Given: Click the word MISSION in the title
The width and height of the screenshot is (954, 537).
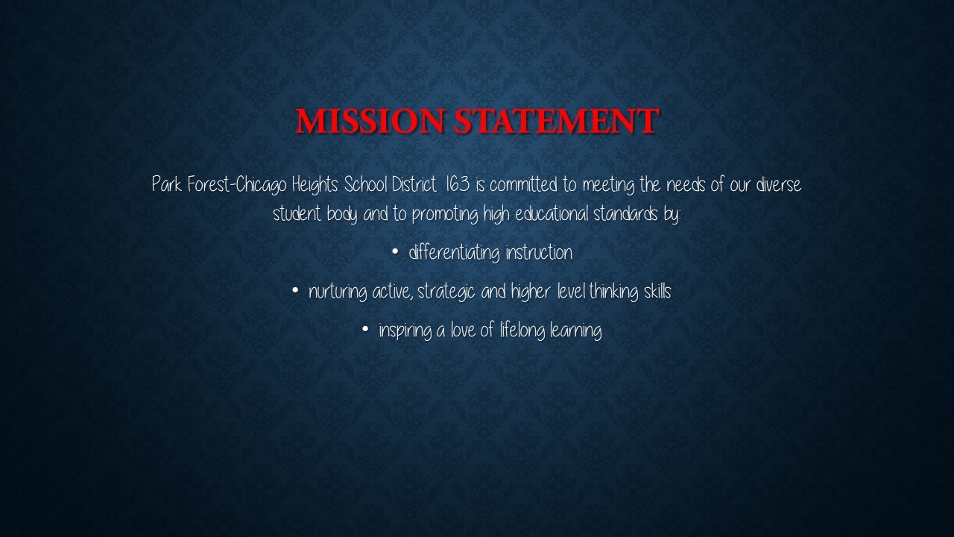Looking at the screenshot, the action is [370, 121].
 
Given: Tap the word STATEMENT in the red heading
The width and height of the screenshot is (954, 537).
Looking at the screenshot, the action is [557, 121].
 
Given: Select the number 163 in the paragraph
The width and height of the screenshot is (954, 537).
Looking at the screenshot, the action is [458, 184].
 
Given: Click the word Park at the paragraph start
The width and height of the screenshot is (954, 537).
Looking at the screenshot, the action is [166, 184].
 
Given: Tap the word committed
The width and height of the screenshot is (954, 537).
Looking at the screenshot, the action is [523, 184].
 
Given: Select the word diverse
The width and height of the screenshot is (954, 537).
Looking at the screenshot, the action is [779, 184].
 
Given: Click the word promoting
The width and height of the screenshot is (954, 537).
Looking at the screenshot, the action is [445, 214].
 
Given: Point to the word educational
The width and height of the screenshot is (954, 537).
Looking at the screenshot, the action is [552, 213].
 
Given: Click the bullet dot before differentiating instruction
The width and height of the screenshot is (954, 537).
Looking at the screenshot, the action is [395, 252].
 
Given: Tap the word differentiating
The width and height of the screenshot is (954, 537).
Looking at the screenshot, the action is [454, 253].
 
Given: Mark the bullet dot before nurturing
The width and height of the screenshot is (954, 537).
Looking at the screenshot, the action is [295, 291].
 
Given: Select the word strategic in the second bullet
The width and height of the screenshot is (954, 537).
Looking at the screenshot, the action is [446, 292].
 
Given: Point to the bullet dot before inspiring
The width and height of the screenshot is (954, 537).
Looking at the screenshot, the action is [365, 329].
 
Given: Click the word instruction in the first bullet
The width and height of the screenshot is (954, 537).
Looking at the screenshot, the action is [539, 252].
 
